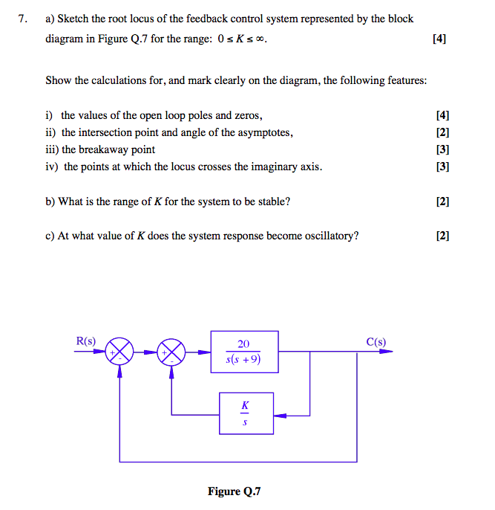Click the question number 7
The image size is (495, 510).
[23, 19]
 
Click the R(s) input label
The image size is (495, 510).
[86, 341]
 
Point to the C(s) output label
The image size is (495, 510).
[376, 342]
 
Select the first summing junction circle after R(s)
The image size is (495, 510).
[120, 351]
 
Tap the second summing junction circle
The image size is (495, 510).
[172, 351]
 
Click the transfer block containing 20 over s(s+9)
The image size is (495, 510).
[244, 352]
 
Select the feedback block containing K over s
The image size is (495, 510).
[246, 413]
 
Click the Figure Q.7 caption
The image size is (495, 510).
[235, 491]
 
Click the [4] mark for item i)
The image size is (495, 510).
[443, 115]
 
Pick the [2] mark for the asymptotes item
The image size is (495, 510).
[443, 132]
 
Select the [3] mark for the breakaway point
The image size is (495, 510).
[443, 149]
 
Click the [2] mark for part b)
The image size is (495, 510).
[443, 201]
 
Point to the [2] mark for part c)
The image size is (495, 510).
[443, 236]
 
